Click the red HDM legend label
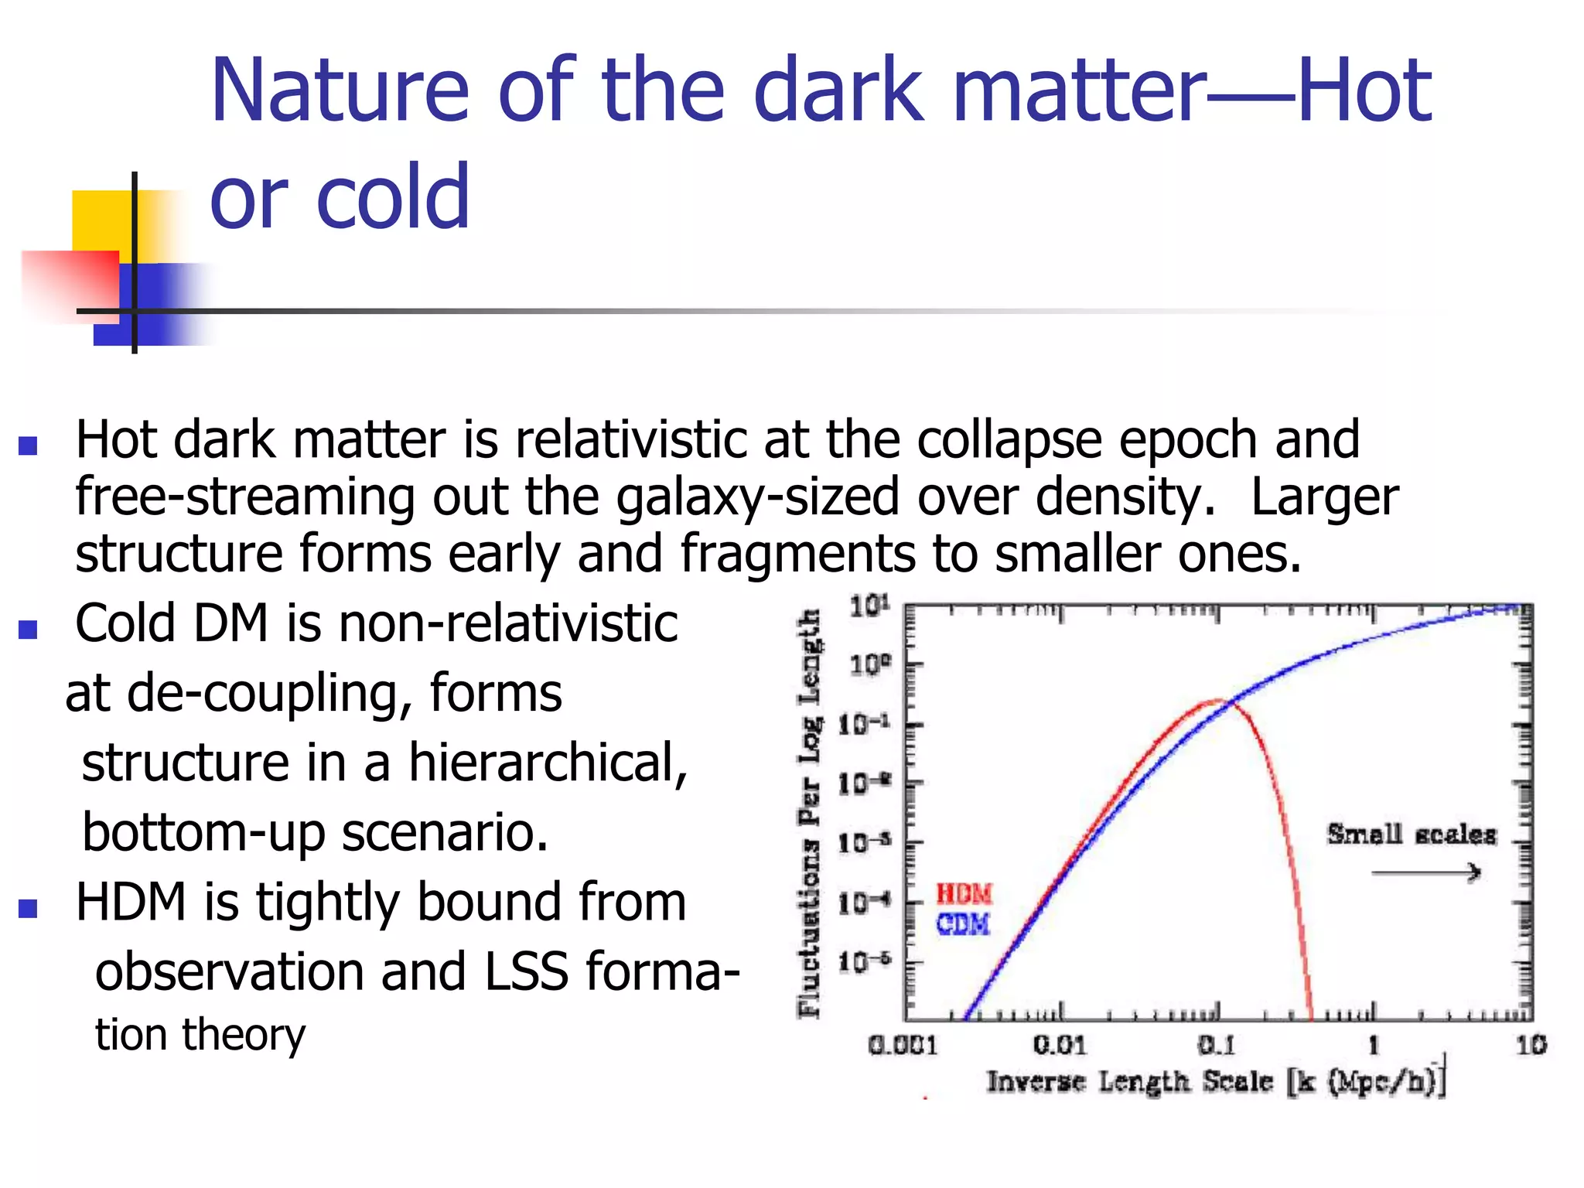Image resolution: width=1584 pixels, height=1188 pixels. click(964, 894)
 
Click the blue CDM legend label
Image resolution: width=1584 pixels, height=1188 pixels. click(963, 924)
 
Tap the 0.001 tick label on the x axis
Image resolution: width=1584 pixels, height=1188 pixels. click(903, 1046)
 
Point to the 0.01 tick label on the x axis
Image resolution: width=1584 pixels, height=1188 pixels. click(1060, 1046)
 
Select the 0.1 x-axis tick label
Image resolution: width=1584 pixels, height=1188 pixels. click(1217, 1046)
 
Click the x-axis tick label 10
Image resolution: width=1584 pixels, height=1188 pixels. click(1531, 1046)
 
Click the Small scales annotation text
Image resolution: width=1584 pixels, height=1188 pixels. click(1412, 835)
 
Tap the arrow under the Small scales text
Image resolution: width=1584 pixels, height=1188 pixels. click(1425, 873)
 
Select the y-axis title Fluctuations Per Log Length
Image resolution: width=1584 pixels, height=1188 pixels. click(809, 812)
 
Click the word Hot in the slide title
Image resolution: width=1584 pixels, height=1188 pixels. click(1364, 90)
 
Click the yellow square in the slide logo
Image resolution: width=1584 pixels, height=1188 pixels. click(101, 220)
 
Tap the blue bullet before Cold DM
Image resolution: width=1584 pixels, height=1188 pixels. click(29, 629)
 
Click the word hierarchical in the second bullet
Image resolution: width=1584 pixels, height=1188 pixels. click(548, 763)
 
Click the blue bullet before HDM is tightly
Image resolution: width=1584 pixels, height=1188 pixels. click(29, 908)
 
